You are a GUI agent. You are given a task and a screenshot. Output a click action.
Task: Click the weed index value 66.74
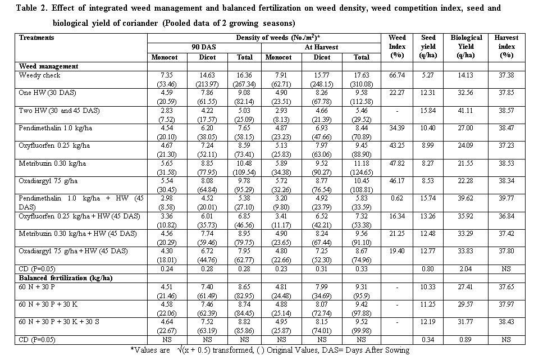point(398,75)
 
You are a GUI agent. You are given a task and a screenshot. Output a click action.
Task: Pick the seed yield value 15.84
point(428,111)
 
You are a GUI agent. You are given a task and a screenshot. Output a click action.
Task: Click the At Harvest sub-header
point(321,48)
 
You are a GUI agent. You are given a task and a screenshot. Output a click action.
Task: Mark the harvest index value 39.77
point(506,199)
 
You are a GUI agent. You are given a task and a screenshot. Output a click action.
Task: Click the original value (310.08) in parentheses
point(362,84)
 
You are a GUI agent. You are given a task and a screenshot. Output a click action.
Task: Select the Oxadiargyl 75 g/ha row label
point(45,181)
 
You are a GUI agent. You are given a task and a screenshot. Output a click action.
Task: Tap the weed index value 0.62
point(398,199)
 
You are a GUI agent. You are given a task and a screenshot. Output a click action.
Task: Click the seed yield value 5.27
point(428,75)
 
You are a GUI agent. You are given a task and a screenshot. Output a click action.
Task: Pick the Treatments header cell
point(36,38)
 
